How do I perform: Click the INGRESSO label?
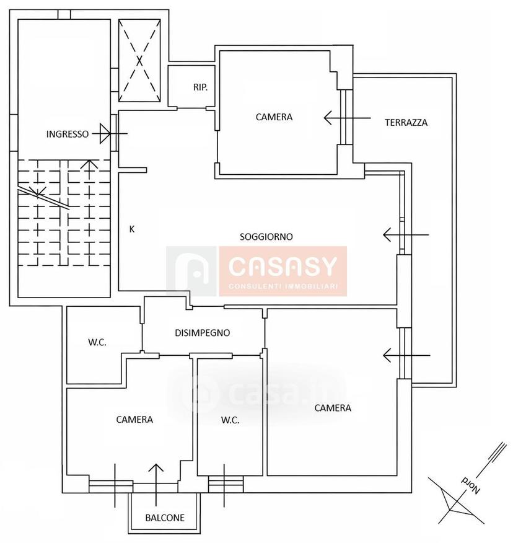(68, 134)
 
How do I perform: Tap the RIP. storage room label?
(200, 87)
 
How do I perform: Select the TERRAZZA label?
(406, 122)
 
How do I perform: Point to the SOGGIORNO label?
(266, 237)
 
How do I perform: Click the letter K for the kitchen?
(131, 229)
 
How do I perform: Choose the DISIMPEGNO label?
(202, 333)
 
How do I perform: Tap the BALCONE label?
(165, 518)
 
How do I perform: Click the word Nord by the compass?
(471, 485)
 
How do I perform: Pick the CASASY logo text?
(283, 267)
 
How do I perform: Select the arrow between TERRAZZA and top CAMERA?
(347, 118)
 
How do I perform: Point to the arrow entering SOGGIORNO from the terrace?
(406, 235)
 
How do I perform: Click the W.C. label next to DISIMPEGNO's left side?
(97, 343)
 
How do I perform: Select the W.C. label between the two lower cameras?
(230, 420)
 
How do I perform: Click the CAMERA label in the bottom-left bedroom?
(134, 420)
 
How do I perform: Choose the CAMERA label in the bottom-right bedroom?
(333, 408)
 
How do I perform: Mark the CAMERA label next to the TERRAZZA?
(274, 117)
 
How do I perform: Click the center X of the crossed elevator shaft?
(139, 61)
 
